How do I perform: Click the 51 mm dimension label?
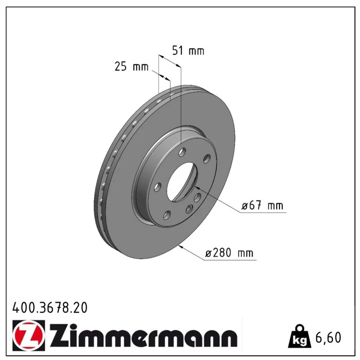coord(188,51)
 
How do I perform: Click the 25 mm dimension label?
coord(131,67)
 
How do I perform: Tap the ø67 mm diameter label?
coord(262,205)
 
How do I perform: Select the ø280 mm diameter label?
coord(229,253)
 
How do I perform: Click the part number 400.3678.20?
coord(50,308)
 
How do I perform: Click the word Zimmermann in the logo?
coord(143,335)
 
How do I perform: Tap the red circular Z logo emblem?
coord(29,335)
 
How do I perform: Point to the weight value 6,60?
coord(328,337)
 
